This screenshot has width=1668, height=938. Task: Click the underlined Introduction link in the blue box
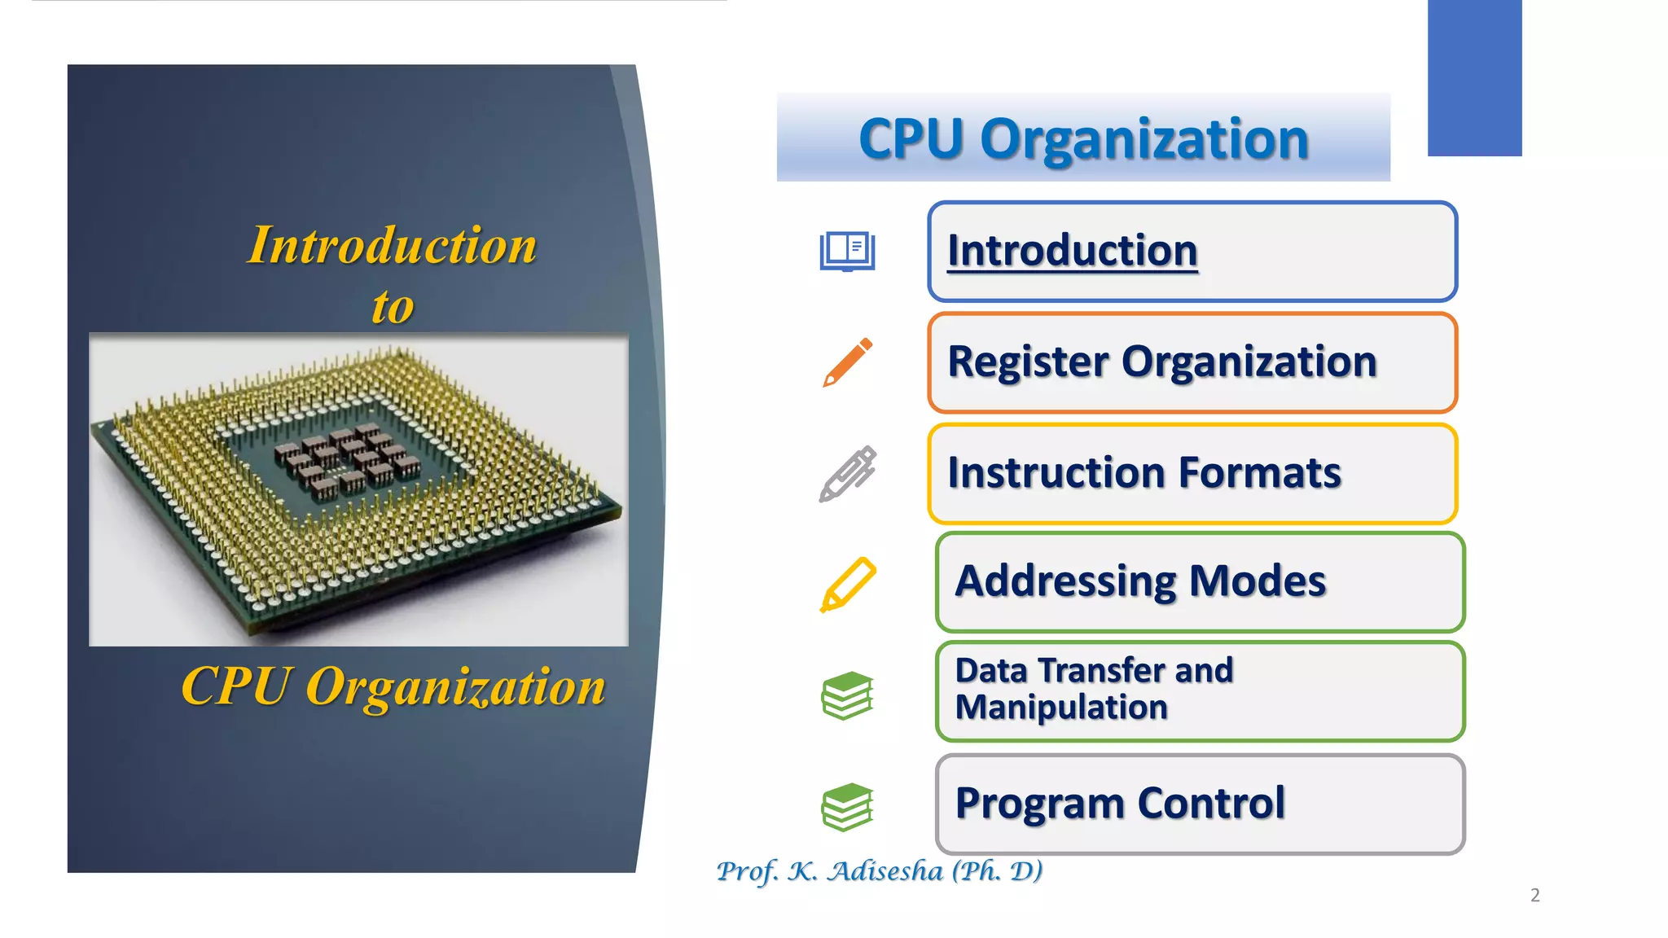click(x=1072, y=251)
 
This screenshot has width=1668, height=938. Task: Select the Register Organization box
click(x=1192, y=362)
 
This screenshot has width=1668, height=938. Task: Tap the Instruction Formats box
click(x=1192, y=473)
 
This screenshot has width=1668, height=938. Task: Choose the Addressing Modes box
click(x=1200, y=582)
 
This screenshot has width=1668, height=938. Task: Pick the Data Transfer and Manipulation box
click(x=1200, y=690)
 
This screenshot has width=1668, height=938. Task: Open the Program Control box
click(x=1200, y=804)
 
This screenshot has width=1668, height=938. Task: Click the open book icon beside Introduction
click(x=847, y=251)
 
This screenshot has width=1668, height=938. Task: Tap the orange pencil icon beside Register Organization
click(x=847, y=362)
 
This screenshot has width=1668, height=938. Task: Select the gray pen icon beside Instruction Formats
click(x=847, y=473)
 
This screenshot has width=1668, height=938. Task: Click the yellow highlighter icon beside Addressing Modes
click(x=847, y=584)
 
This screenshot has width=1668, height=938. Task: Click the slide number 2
click(x=1534, y=896)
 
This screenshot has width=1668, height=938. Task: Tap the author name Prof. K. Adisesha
click(x=879, y=871)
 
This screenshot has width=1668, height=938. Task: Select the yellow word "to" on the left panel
click(x=393, y=307)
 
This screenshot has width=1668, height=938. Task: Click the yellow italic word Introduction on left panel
click(x=392, y=245)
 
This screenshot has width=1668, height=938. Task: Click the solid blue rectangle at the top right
click(x=1474, y=77)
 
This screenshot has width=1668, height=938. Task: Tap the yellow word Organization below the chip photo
click(x=455, y=687)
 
